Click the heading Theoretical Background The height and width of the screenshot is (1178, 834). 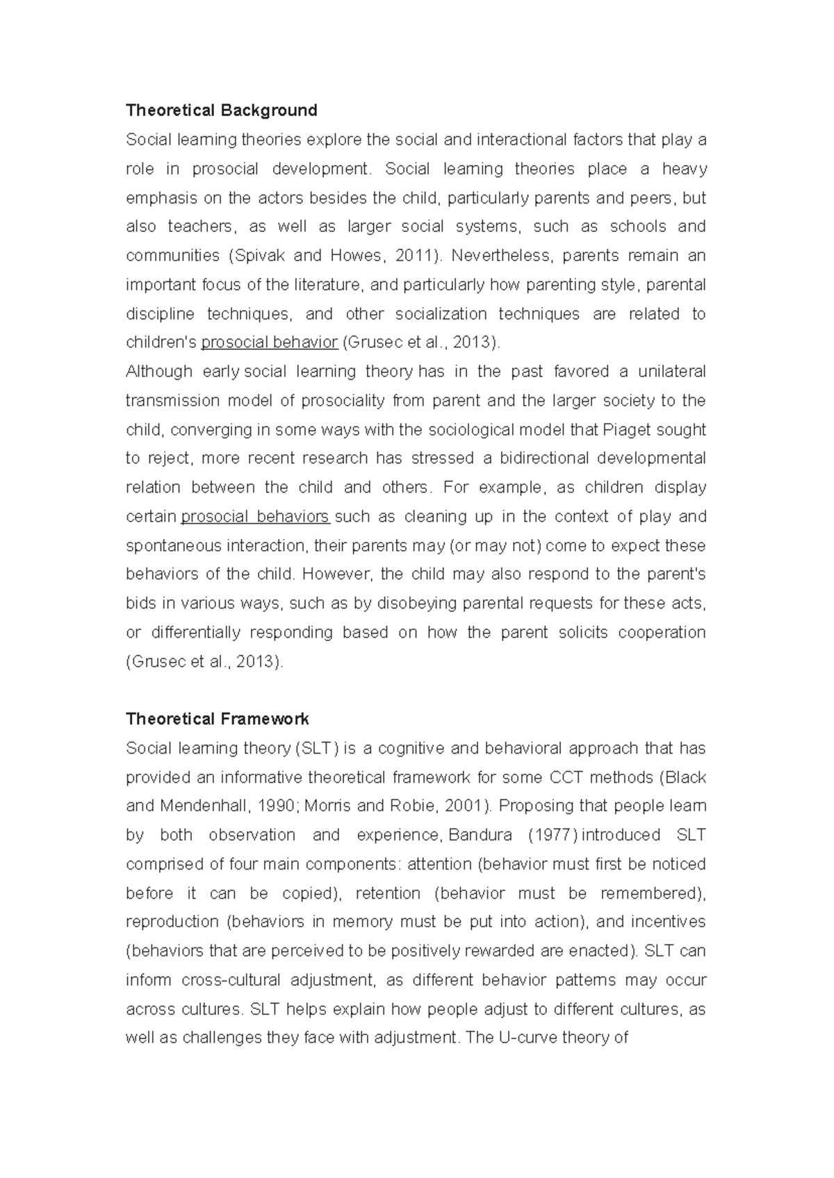[x=221, y=110]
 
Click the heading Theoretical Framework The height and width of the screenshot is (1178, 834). [x=217, y=719]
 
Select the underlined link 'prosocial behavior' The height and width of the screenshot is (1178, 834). [x=270, y=342]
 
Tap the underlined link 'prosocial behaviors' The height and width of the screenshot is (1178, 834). [x=255, y=517]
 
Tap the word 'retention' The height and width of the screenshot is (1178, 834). [x=388, y=893]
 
